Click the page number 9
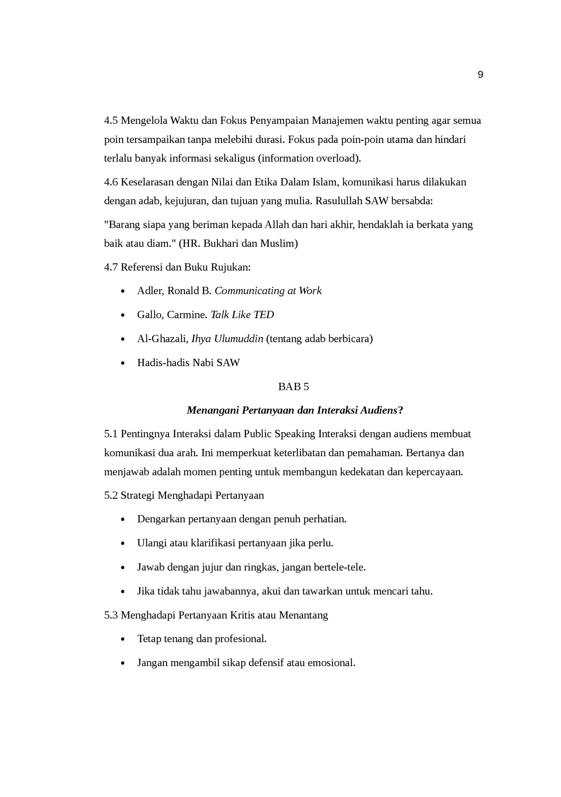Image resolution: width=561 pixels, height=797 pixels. pos(480,75)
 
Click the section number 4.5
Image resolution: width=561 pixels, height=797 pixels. pos(111,121)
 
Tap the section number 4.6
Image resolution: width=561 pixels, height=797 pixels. pos(111,182)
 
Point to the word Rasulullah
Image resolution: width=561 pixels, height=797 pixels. pos(339,201)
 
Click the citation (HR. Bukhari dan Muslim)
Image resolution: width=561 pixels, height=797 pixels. pos(238,244)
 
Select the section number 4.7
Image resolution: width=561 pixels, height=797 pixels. pos(111,268)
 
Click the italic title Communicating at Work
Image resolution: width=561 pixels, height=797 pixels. pos(268,291)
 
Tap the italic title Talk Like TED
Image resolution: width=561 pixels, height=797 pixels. pos(242,315)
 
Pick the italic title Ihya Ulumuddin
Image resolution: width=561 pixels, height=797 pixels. pos(227,339)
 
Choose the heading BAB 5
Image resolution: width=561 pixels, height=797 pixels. pos(293,387)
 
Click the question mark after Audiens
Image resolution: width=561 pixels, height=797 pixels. pos(400,411)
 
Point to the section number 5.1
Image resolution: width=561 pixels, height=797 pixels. pos(111,434)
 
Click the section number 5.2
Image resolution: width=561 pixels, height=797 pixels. pos(111,496)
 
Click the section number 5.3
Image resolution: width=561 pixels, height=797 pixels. pos(111,615)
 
